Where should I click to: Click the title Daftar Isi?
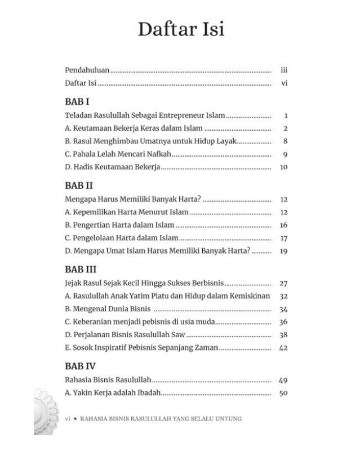180,29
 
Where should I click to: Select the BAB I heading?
77,101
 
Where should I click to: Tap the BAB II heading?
79,185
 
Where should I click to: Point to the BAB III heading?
81,269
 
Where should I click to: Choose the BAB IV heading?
81,366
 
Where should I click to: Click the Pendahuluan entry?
87,70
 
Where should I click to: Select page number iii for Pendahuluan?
284,70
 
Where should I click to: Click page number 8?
286,142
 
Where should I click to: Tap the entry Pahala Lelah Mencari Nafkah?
118,154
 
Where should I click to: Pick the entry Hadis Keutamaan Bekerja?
113,167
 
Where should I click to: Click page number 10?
284,167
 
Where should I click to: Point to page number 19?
284,251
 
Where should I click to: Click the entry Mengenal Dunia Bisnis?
109,309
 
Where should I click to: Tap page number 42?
283,348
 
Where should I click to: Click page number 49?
283,381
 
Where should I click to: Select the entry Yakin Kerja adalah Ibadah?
113,393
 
